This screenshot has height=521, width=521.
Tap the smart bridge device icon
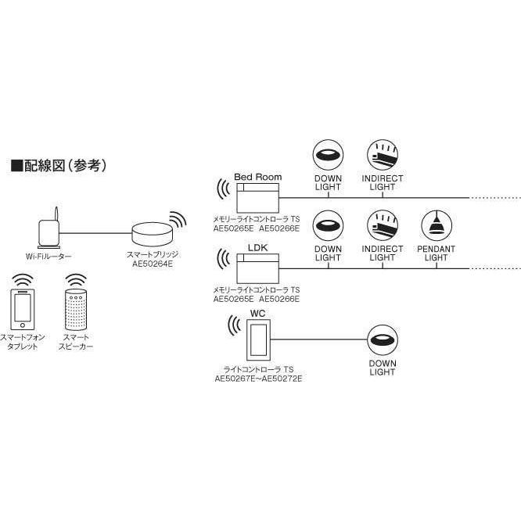pyautogui.click(x=153, y=234)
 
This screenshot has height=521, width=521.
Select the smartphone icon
pyautogui.click(x=22, y=310)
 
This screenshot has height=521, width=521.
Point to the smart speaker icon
pyautogui.click(x=75, y=311)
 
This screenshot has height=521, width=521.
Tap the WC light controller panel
pyautogui.click(x=257, y=337)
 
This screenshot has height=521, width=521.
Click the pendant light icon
pyautogui.click(x=436, y=226)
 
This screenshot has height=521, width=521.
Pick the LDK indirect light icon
pyautogui.click(x=382, y=226)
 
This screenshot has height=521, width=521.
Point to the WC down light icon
pyautogui.click(x=382, y=340)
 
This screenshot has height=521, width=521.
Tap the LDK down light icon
pyautogui.click(x=328, y=226)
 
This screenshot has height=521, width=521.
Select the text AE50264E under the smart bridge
pyautogui.click(x=153, y=264)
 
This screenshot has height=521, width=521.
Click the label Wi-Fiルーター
pyautogui.click(x=48, y=256)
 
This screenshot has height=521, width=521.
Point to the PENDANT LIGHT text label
pyautogui.click(x=436, y=253)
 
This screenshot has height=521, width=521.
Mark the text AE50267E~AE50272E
pyautogui.click(x=258, y=378)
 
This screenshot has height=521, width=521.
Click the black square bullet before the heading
pyautogui.click(x=15, y=166)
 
